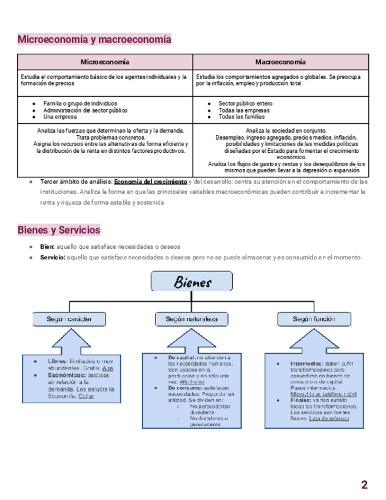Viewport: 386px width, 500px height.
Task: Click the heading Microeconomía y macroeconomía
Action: pyautogui.click(x=94, y=40)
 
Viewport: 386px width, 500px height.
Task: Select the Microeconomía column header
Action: pyautogui.click(x=105, y=62)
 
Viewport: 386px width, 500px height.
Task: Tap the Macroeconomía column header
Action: pyautogui.click(x=281, y=62)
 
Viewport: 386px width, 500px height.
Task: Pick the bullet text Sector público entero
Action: pyautogui.click(x=245, y=103)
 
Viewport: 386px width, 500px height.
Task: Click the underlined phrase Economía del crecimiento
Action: pyautogui.click(x=150, y=181)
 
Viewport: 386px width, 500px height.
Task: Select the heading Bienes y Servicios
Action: pyautogui.click(x=59, y=229)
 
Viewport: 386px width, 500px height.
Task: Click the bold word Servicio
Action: pyautogui.click(x=53, y=257)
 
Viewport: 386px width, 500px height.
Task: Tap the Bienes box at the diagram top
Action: pyautogui.click(x=192, y=282)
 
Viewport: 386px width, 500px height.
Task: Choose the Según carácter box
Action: pyautogui.click(x=69, y=319)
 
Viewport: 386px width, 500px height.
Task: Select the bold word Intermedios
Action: pyautogui.click(x=306, y=364)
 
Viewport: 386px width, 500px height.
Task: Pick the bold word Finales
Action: pyautogui.click(x=302, y=400)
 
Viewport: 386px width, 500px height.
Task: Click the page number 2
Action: pyautogui.click(x=364, y=485)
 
